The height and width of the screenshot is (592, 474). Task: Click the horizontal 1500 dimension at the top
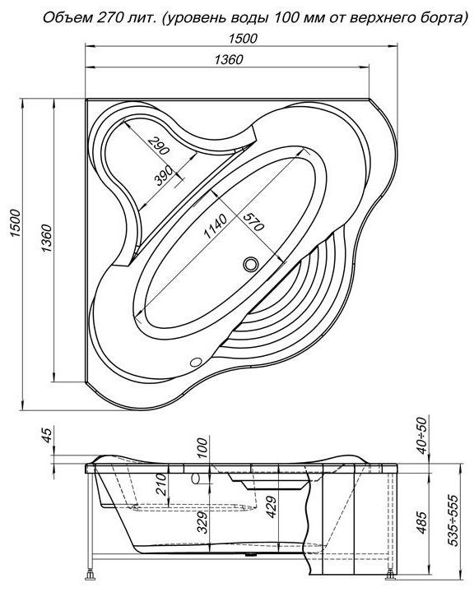(x=243, y=38)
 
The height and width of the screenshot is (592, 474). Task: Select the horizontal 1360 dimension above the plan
(x=229, y=59)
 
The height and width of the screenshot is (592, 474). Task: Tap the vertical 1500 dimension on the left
(x=15, y=223)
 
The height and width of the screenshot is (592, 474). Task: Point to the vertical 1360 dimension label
(x=46, y=238)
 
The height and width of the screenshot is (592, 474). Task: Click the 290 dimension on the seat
(x=158, y=146)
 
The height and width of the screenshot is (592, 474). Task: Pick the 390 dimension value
(x=164, y=176)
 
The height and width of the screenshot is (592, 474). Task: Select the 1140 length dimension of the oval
(x=216, y=226)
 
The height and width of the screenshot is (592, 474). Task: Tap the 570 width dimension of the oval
(x=253, y=221)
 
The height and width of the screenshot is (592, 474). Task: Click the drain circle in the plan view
(x=251, y=264)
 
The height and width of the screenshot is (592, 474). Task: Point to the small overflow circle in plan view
(x=196, y=362)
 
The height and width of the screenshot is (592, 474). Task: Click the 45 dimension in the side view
(x=47, y=435)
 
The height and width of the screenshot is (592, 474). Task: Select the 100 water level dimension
(x=202, y=448)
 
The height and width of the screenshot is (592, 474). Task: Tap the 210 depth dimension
(x=161, y=484)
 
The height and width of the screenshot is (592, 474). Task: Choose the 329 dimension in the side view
(x=202, y=523)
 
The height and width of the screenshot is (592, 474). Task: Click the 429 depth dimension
(x=272, y=506)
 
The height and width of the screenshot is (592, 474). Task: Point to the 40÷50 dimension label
(x=422, y=435)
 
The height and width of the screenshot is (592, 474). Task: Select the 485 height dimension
(x=422, y=523)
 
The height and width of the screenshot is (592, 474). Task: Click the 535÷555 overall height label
(x=453, y=520)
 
